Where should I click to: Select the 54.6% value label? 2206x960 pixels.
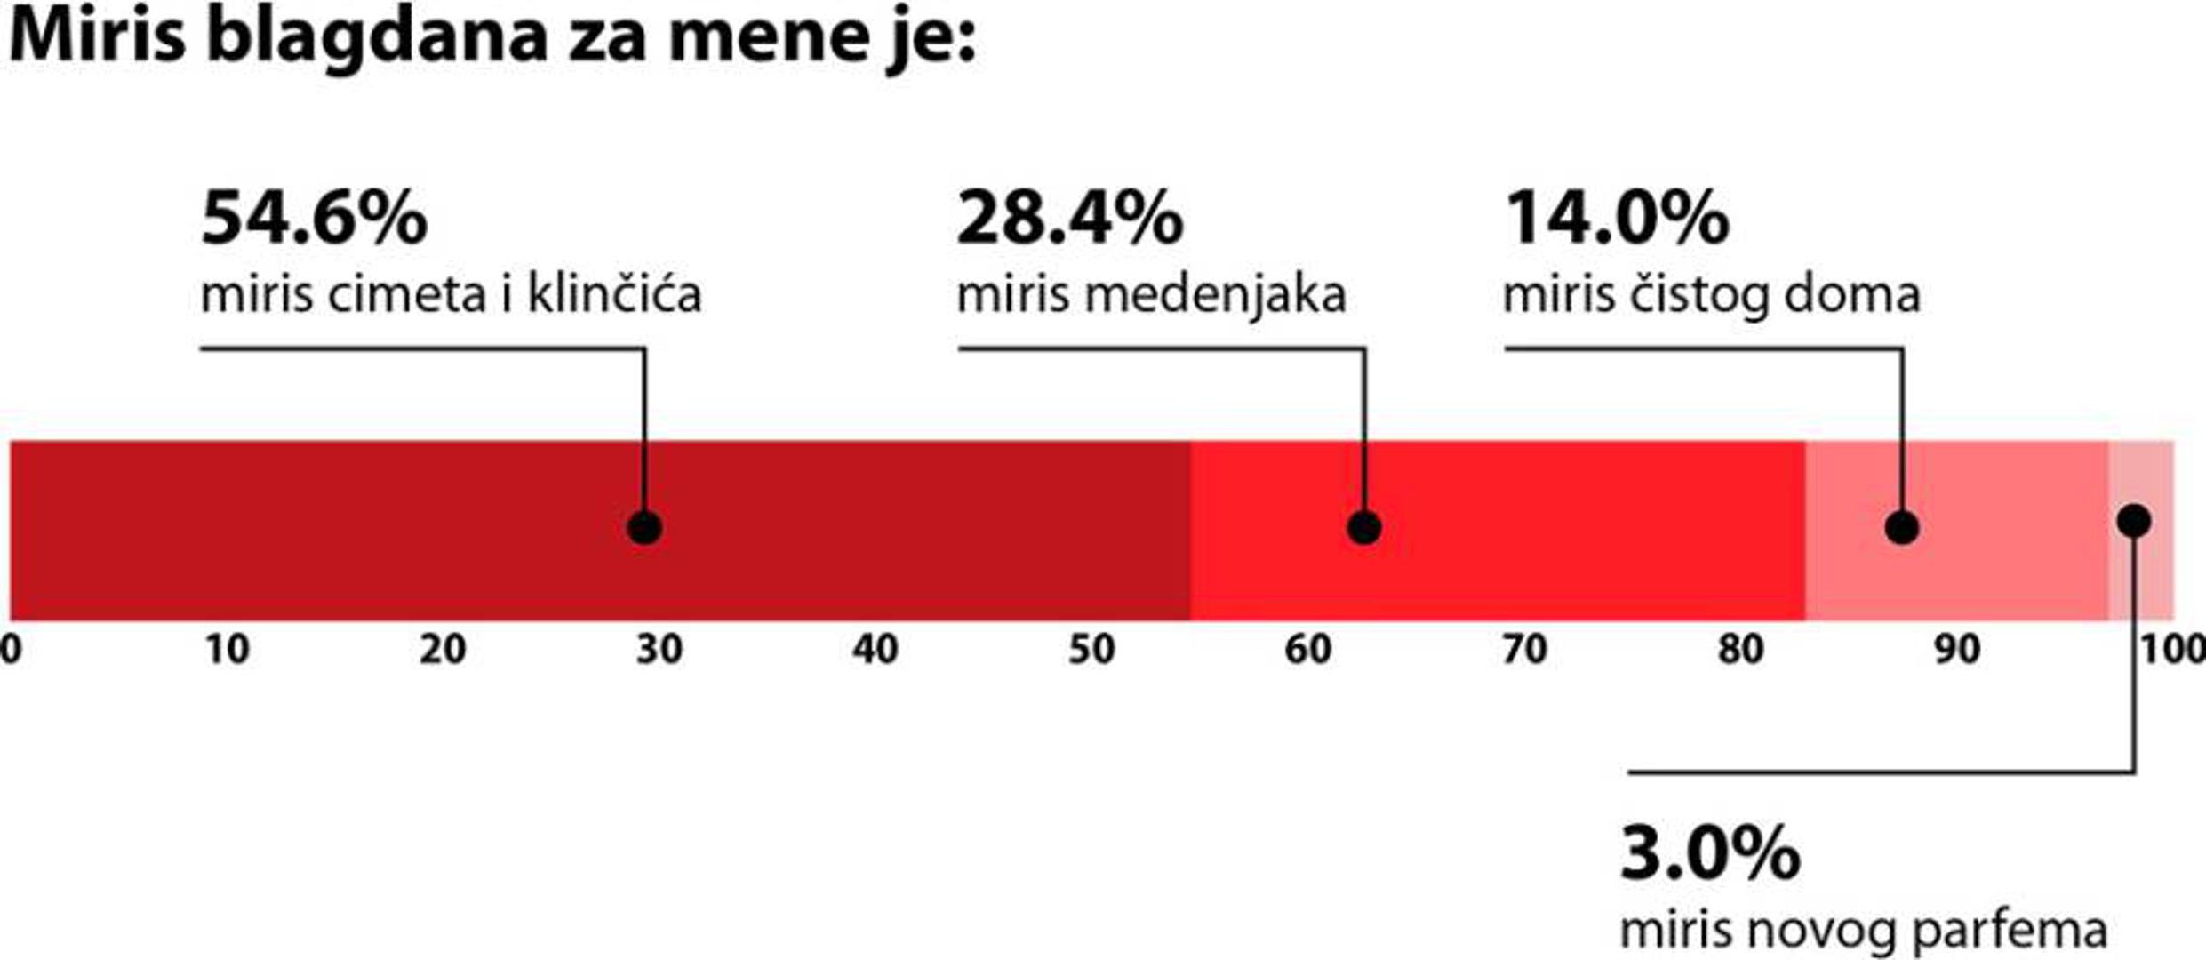(314, 219)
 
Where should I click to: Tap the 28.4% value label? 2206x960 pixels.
(1069, 219)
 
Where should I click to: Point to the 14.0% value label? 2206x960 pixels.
(1616, 219)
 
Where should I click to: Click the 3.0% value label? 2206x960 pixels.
(1710, 853)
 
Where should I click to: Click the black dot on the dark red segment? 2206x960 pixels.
(644, 528)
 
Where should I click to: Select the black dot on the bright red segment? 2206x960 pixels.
(1364, 528)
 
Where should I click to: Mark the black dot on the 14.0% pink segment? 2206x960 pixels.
(1902, 528)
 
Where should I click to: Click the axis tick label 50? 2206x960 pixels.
(1091, 651)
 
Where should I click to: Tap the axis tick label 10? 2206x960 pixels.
(227, 651)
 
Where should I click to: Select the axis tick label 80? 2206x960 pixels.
(1740, 651)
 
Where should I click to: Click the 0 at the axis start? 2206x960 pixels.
(11, 651)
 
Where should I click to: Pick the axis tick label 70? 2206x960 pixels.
(1524, 651)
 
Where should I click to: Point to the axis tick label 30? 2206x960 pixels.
(659, 651)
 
